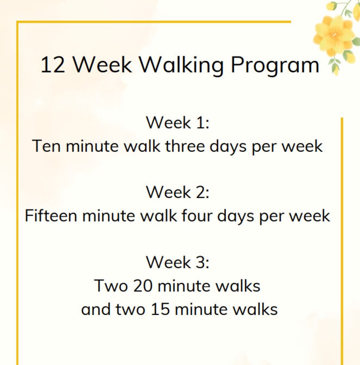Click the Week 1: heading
coord(178,123)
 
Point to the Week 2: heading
coord(178,192)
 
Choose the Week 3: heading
coord(178,262)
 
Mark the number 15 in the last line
coord(158,310)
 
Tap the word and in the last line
coord(95,310)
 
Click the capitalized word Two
coord(111,286)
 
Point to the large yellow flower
coord(335,32)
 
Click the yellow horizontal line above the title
coord(154,22)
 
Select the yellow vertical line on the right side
coord(342,241)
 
